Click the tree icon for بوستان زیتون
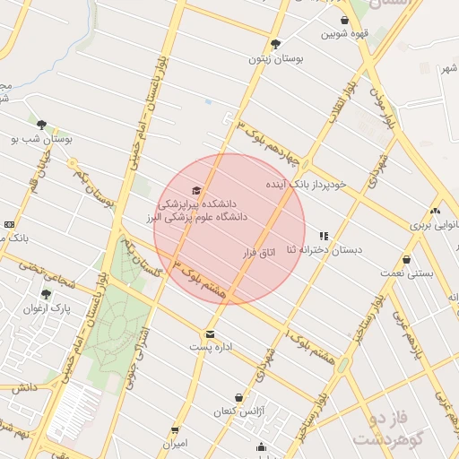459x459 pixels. pos(275,44)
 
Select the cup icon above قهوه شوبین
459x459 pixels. pos(345,20)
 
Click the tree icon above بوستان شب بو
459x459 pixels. pos(42,125)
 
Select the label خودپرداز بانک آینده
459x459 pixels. pos(305,184)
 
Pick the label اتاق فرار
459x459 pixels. pos(257,254)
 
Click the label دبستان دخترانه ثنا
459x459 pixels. pos(324,250)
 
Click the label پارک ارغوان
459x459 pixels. pos(47,307)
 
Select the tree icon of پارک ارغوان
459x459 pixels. pos(47,293)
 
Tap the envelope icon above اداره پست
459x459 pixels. pos(210,333)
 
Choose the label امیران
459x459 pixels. pos(175,444)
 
